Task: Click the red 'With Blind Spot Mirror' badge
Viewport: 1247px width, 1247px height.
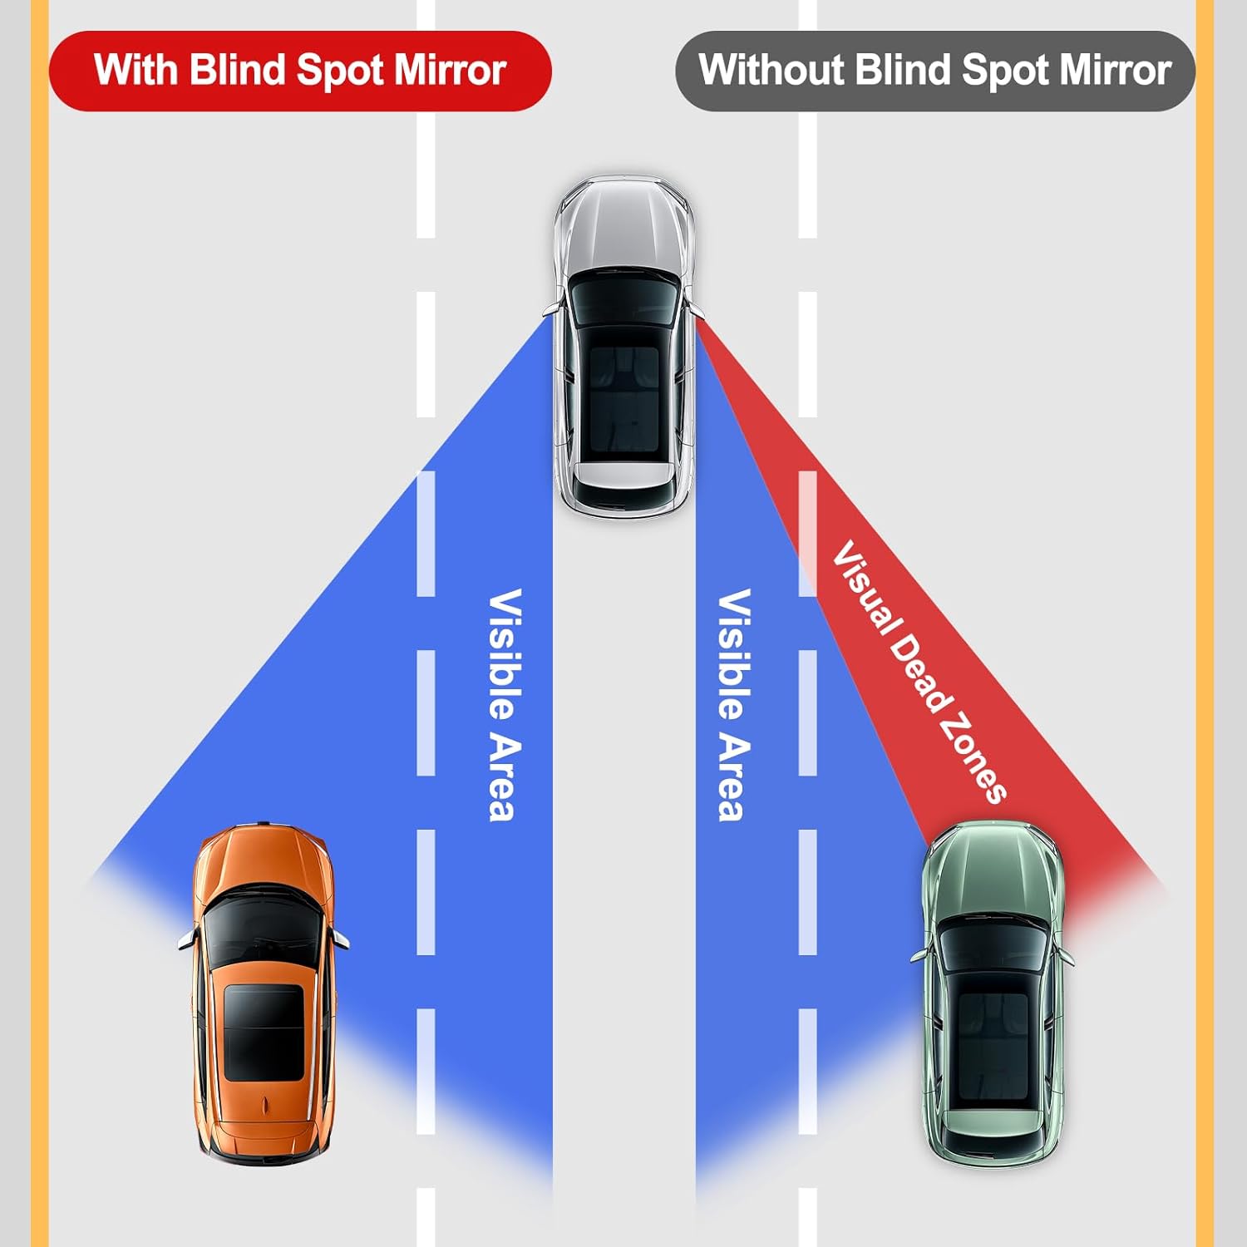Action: pyautogui.click(x=299, y=71)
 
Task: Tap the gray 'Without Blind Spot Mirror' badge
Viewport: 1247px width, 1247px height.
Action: pyautogui.click(x=934, y=71)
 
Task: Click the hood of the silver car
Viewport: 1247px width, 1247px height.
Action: pyautogui.click(x=623, y=224)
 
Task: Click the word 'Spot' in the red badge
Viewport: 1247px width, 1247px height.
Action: pyautogui.click(x=341, y=71)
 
